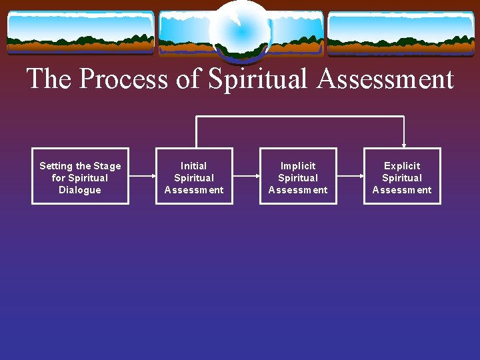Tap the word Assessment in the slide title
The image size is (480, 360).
(x=385, y=79)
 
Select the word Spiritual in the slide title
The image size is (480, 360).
(x=259, y=79)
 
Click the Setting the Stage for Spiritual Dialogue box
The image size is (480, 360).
(x=80, y=176)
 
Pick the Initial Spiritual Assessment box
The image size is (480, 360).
(x=194, y=176)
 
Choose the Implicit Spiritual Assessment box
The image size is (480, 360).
(x=298, y=176)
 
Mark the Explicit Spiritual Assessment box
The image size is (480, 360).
(x=402, y=176)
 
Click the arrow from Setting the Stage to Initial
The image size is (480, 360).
(x=142, y=176)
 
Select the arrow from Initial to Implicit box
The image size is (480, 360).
(x=246, y=176)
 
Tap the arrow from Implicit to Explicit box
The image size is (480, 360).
(x=350, y=176)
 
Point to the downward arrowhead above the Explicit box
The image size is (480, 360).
(x=403, y=144)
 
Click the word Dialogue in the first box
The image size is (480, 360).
(x=80, y=190)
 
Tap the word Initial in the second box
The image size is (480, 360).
(x=194, y=165)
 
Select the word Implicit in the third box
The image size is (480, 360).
(x=298, y=165)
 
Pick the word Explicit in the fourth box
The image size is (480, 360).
(x=402, y=165)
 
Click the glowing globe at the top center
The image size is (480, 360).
(x=240, y=30)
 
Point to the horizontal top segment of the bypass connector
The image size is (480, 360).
(x=300, y=117)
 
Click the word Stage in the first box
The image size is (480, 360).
(x=107, y=166)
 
